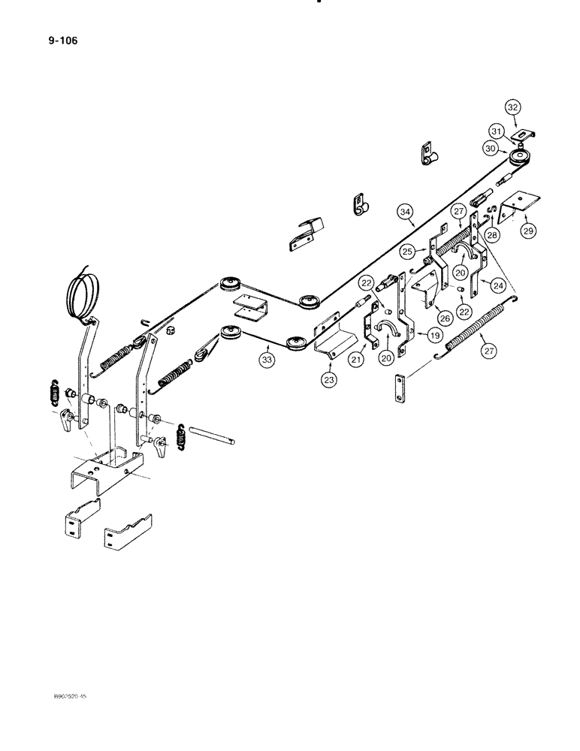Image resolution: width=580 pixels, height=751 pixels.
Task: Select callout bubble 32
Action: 512,108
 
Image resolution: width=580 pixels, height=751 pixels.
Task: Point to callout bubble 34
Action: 406,213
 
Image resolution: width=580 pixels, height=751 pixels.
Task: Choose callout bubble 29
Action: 528,231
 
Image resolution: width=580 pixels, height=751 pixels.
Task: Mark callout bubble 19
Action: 433,336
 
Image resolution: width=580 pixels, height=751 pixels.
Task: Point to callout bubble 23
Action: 328,380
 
